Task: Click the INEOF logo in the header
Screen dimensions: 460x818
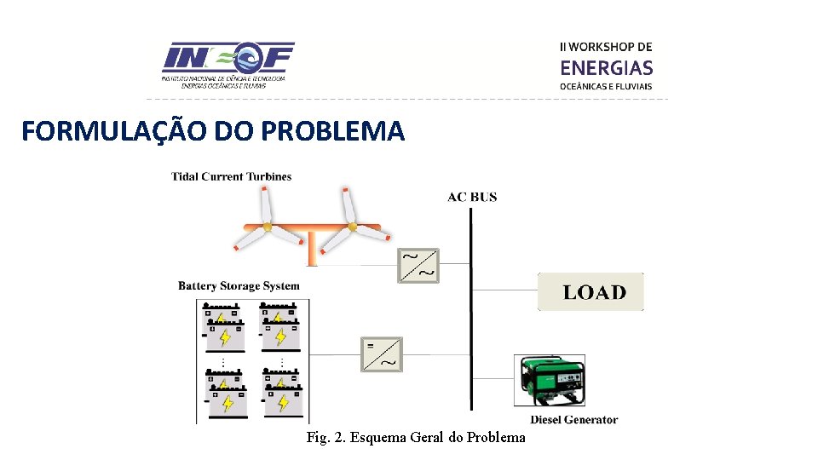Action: (228, 64)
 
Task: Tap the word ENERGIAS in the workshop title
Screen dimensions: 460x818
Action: (607, 67)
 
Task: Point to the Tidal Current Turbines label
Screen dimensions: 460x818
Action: (232, 177)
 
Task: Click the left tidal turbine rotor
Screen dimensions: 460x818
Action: (267, 227)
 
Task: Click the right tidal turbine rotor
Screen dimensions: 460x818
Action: (351, 227)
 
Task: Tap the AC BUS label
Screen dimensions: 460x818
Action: (472, 197)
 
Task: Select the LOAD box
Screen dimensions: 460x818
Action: (591, 292)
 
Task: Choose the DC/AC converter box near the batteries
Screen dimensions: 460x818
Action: (382, 354)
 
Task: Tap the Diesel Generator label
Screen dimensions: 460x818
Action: (573, 419)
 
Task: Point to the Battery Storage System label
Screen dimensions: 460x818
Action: (239, 285)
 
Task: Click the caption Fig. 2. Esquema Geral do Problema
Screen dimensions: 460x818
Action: (416, 438)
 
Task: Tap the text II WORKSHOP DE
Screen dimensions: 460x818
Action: (606, 47)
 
